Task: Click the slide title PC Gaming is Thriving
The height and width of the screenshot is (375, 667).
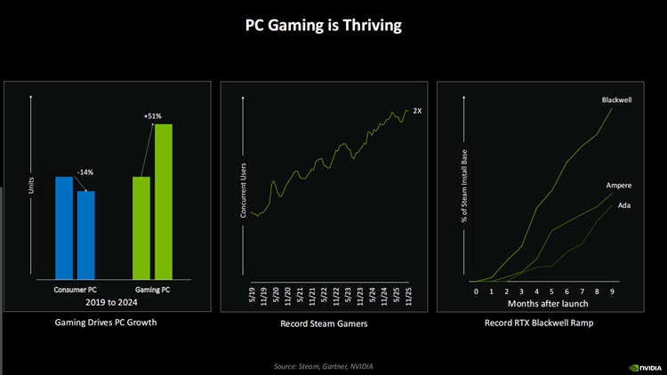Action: click(324, 26)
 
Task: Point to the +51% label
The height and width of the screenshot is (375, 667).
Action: click(152, 116)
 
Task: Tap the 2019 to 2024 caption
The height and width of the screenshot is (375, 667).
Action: click(113, 302)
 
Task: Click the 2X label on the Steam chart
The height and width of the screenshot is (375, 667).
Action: click(417, 110)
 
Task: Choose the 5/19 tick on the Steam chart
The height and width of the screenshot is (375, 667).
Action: click(252, 294)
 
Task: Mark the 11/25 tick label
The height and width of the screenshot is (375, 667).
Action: click(409, 294)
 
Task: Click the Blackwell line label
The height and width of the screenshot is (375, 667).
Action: click(616, 101)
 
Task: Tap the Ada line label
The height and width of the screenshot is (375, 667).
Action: click(624, 205)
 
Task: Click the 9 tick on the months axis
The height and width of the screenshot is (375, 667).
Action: click(612, 291)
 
